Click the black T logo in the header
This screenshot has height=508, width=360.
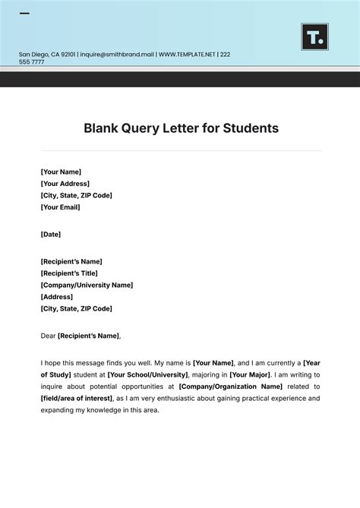314,36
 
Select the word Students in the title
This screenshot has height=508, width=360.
251,128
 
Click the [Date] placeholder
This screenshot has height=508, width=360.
51,234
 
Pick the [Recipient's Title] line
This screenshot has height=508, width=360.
69,273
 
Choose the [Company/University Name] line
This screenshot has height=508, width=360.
87,286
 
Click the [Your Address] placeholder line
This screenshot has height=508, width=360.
65,184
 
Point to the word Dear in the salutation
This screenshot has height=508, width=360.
48,336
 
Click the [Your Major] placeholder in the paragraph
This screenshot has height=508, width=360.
251,375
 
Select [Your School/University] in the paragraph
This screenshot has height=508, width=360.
147,375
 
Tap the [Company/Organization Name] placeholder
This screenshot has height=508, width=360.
230,387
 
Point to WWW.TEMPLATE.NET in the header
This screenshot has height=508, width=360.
188,55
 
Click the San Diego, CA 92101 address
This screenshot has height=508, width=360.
46,55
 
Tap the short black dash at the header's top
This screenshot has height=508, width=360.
24,14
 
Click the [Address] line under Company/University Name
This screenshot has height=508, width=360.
57,297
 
